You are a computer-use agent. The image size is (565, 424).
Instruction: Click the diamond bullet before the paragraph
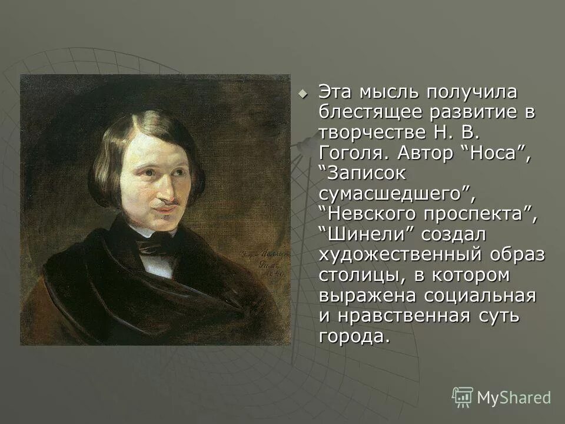point(303,93)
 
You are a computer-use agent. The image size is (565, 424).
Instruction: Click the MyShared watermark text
point(514,397)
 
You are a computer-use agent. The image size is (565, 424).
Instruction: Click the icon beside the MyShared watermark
point(463,397)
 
